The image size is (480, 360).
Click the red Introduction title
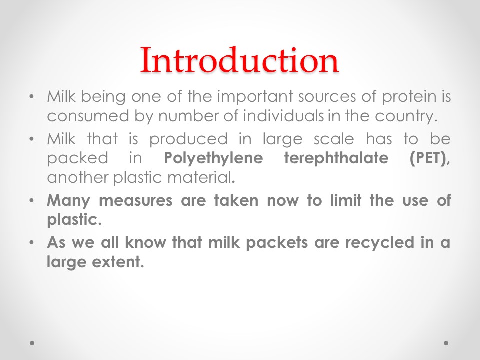(239, 60)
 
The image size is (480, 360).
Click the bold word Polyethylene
(213, 159)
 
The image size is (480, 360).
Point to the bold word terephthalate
(336, 159)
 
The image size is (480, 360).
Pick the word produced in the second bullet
(188, 139)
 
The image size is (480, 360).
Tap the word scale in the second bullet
(334, 139)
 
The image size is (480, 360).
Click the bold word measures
(135, 201)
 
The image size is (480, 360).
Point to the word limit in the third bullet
(346, 200)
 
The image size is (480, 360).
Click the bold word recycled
(380, 243)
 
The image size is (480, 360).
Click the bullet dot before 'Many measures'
(31, 201)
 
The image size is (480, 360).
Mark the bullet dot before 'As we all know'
(31, 243)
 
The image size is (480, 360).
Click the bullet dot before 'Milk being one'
(31, 97)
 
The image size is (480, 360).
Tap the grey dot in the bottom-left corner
(32, 343)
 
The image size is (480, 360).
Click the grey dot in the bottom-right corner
(446, 343)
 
